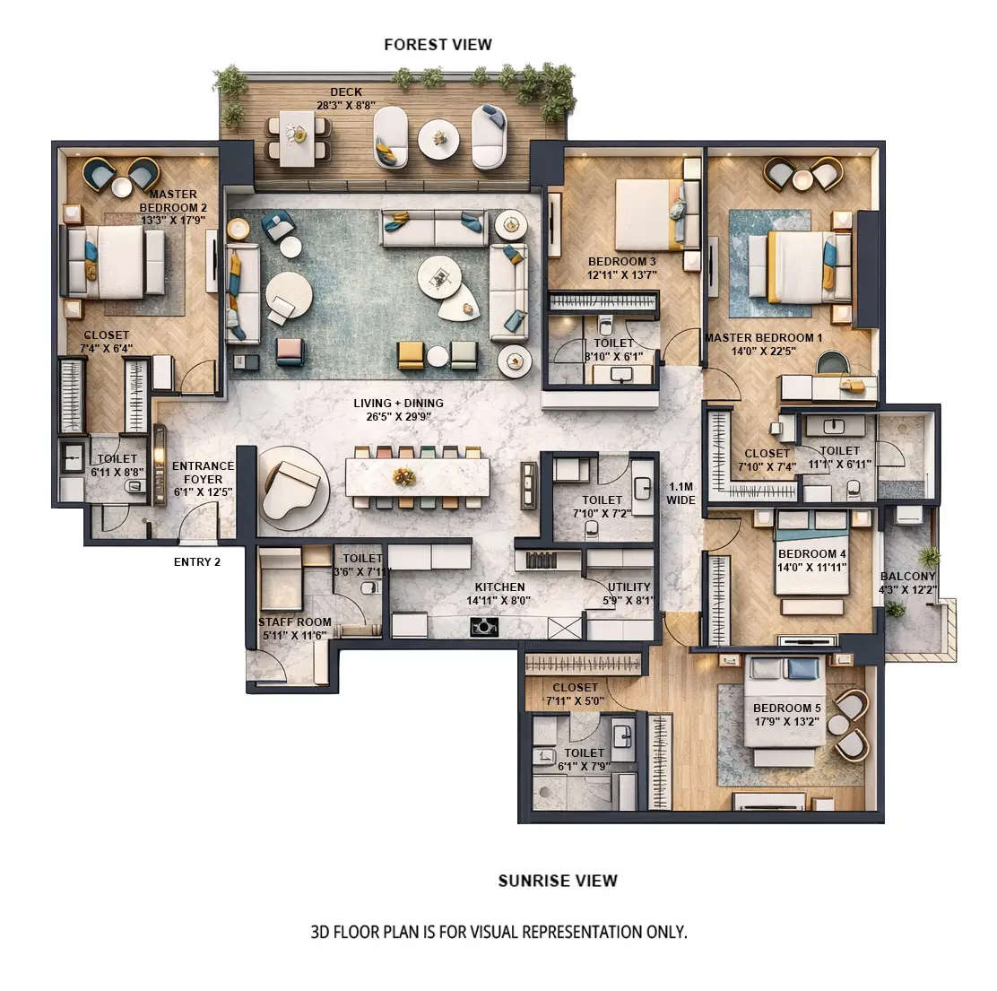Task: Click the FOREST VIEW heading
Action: (438, 44)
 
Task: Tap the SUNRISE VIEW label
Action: (558, 881)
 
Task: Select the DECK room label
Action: (346, 91)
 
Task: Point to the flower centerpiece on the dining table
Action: (404, 476)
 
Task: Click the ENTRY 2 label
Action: (197, 562)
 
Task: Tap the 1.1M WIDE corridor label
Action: (681, 493)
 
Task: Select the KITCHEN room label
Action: (499, 587)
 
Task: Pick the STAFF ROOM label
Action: (295, 622)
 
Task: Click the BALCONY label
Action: (908, 577)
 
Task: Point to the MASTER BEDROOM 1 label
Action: (763, 338)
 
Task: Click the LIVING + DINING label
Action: (398, 404)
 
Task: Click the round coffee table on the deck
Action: (438, 139)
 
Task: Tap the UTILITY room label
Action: (629, 587)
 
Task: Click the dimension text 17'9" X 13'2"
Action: (787, 720)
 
